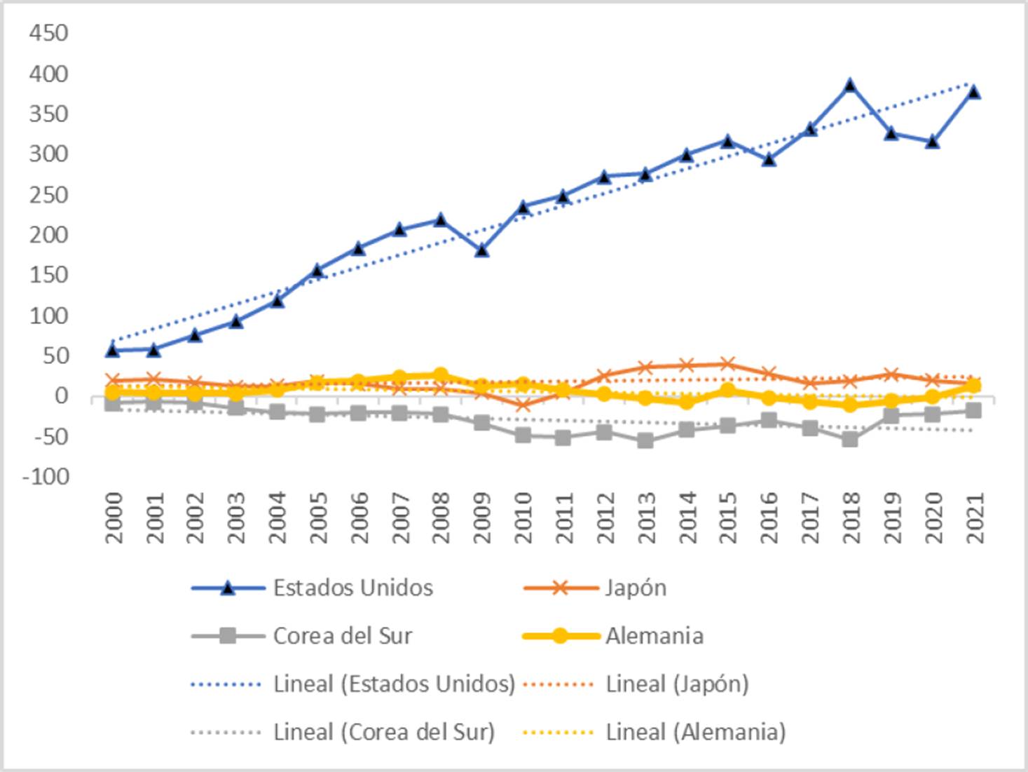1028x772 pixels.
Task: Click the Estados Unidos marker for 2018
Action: pyautogui.click(x=850, y=86)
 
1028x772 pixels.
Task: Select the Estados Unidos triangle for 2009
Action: pyautogui.click(x=481, y=250)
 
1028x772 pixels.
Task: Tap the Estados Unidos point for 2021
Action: pyautogui.click(x=973, y=92)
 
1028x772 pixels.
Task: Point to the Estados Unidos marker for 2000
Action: pyautogui.click(x=113, y=349)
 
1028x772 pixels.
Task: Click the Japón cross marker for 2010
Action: pyautogui.click(x=523, y=405)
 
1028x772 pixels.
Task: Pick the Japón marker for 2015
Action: pyautogui.click(x=727, y=364)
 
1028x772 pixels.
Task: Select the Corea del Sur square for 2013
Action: pyautogui.click(x=645, y=441)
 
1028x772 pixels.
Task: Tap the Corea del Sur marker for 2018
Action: pyautogui.click(x=850, y=440)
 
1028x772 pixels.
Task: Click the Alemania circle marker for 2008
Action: pyautogui.click(x=441, y=375)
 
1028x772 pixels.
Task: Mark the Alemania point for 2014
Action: pyautogui.click(x=687, y=402)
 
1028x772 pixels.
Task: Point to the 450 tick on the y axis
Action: pyautogui.click(x=48, y=33)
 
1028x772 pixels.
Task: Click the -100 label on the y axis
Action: pyautogui.click(x=46, y=477)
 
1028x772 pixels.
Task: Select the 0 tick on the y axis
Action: pyautogui.click(x=62, y=396)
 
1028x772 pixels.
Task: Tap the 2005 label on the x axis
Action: pyautogui.click(x=318, y=517)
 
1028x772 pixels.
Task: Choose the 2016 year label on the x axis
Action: pyautogui.click(x=769, y=517)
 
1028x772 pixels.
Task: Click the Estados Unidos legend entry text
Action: pyautogui.click(x=352, y=588)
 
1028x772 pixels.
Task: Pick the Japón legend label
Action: pyautogui.click(x=636, y=588)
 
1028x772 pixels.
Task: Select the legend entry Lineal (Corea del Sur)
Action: pyautogui.click(x=384, y=732)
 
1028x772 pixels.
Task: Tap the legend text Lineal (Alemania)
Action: pyautogui.click(x=695, y=732)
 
